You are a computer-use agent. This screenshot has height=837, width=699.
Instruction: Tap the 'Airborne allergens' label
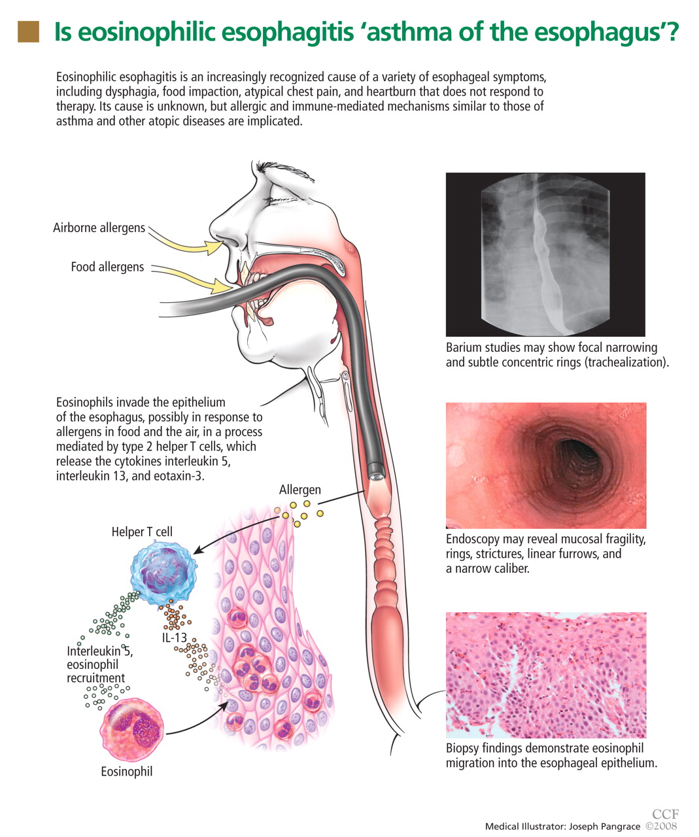coord(99,228)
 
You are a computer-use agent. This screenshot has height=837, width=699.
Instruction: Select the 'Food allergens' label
coord(107,267)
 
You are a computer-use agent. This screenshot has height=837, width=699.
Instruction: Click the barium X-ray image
coord(545,254)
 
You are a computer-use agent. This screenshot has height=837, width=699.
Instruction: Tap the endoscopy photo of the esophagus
coord(545,465)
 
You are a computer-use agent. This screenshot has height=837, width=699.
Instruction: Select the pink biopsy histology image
coord(545,675)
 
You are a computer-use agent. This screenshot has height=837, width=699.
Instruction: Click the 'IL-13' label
coord(175,638)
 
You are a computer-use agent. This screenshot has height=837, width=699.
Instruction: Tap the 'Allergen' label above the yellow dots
coord(299,490)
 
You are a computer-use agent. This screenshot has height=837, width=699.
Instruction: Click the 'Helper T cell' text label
coord(142,532)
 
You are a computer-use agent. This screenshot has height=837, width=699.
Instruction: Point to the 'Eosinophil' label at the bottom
coord(126,772)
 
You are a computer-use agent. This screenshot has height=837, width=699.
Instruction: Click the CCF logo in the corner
coord(665,814)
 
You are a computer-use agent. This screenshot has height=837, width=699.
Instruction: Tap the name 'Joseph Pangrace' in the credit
coord(605,827)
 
